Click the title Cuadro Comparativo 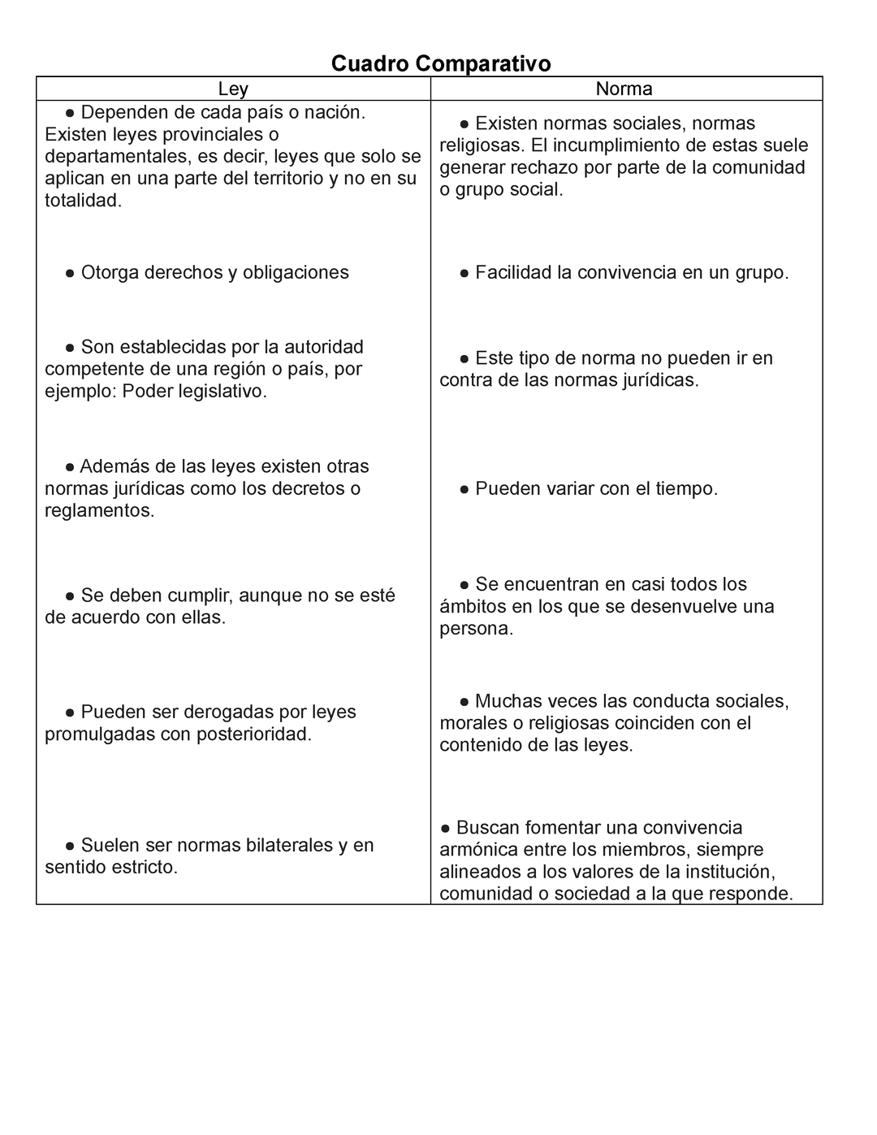[x=441, y=63]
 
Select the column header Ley [x=233, y=89]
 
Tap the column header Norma [x=624, y=89]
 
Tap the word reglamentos [x=99, y=510]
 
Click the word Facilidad [x=513, y=272]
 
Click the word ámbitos [x=470, y=606]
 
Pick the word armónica [x=477, y=849]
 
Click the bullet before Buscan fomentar [x=446, y=828]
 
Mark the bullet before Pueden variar [x=464, y=489]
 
